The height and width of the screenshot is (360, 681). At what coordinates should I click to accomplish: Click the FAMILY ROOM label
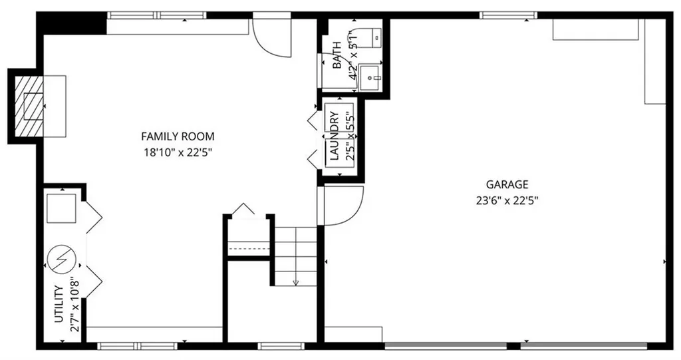pyautogui.click(x=178, y=136)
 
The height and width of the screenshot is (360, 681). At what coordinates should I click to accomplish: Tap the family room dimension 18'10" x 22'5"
pyautogui.click(x=178, y=152)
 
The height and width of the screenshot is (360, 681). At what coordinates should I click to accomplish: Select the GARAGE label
pyautogui.click(x=507, y=184)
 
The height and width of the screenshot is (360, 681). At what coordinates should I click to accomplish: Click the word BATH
pyautogui.click(x=337, y=61)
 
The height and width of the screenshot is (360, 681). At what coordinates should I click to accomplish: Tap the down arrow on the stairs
pyautogui.click(x=296, y=279)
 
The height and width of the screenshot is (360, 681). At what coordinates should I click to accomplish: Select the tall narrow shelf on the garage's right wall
pyautogui.click(x=655, y=61)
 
